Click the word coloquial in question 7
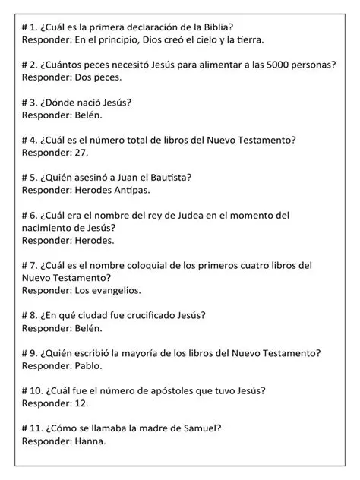coord(152,265)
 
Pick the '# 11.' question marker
coord(33,428)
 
